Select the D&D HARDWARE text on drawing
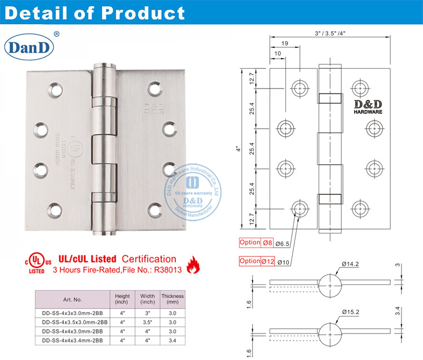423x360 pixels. (368, 107)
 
